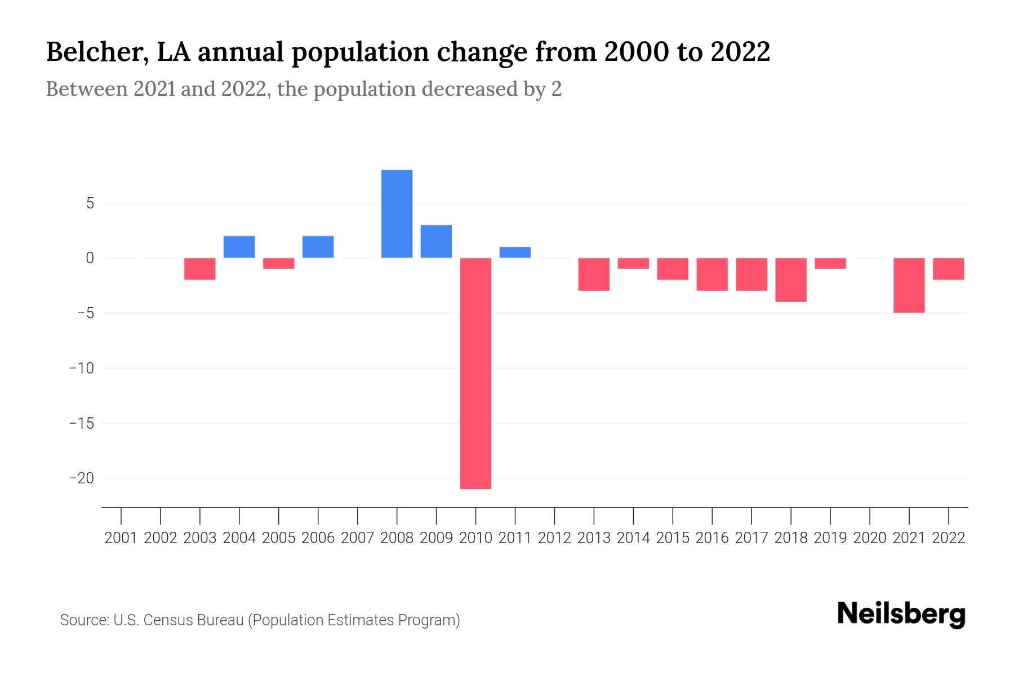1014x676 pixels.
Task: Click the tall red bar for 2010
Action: (475, 373)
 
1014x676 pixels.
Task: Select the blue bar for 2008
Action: (397, 214)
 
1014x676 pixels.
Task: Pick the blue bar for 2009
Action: (436, 242)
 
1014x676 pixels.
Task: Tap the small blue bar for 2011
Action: (515, 252)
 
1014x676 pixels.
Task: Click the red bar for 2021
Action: (909, 285)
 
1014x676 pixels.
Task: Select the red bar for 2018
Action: (791, 280)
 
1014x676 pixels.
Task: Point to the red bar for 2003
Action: (200, 269)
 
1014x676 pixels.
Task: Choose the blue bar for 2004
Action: (239, 247)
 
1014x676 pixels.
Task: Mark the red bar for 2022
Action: (948, 269)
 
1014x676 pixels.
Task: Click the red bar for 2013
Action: (594, 274)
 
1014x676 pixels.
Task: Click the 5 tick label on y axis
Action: (90, 203)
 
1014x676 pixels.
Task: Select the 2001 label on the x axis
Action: (121, 538)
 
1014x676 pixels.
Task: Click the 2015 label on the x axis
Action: (673, 538)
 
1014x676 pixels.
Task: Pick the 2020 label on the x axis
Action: (870, 538)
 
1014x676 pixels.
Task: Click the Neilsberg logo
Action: (901, 615)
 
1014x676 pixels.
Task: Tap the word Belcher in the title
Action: (93, 52)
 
